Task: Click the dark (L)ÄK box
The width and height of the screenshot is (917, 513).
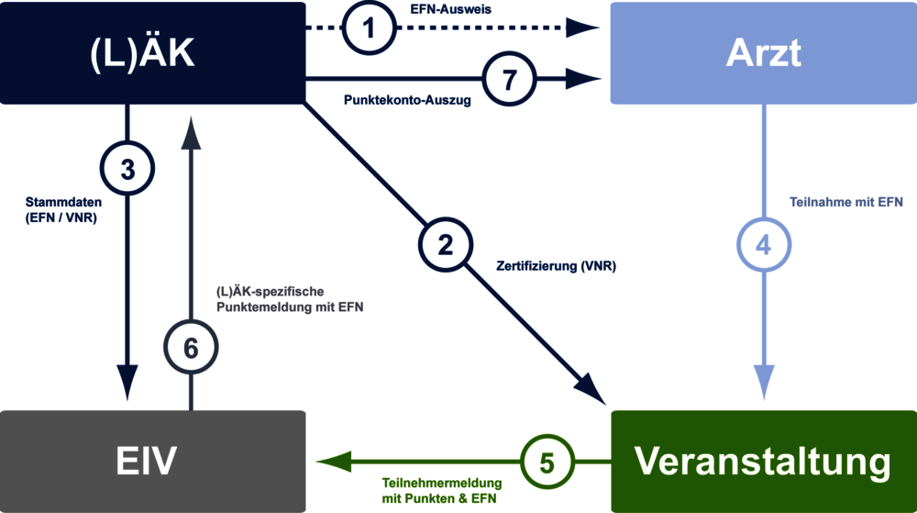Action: pyautogui.click(x=152, y=53)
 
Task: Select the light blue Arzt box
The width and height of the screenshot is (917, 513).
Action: pyautogui.click(x=763, y=53)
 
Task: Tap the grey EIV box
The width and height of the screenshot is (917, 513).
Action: pyautogui.click(x=152, y=461)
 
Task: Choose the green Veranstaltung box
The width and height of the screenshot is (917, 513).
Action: pyautogui.click(x=763, y=461)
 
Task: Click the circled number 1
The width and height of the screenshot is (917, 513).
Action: pyautogui.click(x=370, y=28)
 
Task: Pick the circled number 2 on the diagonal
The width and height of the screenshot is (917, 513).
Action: pyautogui.click(x=446, y=245)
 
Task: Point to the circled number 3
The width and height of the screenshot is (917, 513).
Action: pyautogui.click(x=127, y=169)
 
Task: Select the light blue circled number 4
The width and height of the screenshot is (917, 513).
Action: pyautogui.click(x=764, y=246)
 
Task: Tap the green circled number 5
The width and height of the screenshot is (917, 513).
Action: pyautogui.click(x=547, y=462)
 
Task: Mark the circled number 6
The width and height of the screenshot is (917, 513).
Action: pyautogui.click(x=191, y=348)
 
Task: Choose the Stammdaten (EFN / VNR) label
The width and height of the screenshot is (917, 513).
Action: pyautogui.click(x=63, y=209)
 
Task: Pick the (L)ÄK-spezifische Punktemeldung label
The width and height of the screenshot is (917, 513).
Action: pyautogui.click(x=290, y=299)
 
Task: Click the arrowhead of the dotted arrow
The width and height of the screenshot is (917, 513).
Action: pyautogui.click(x=581, y=28)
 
